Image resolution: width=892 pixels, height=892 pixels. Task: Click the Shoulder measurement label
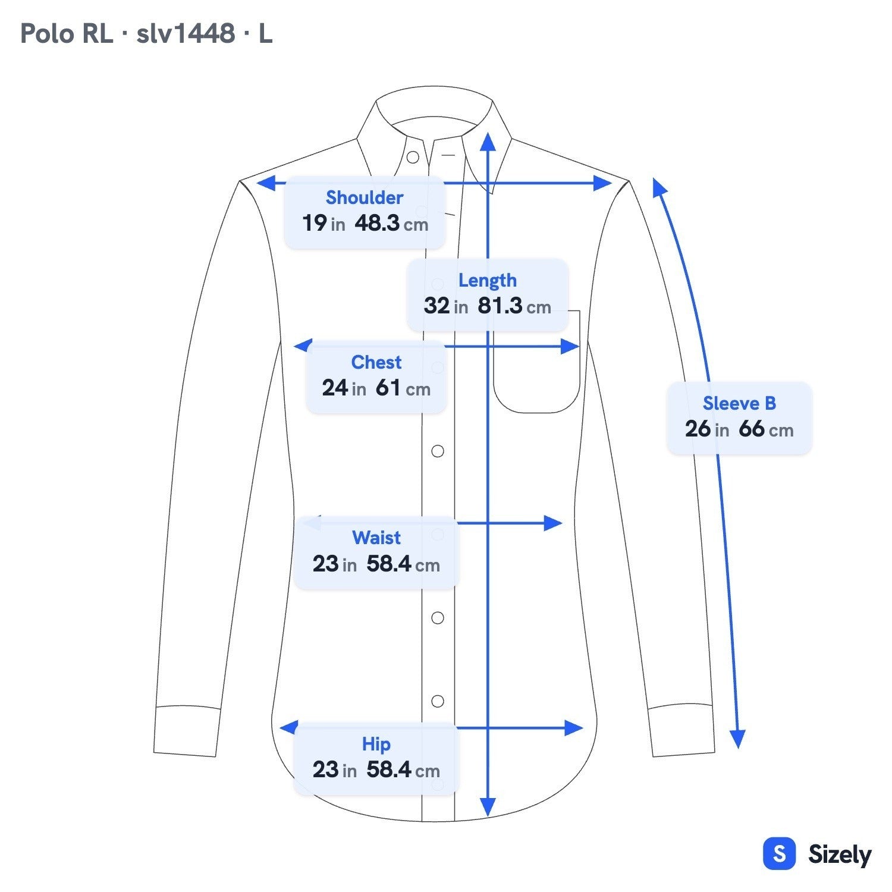coord(365,197)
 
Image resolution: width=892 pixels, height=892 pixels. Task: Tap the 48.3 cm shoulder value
coord(391,224)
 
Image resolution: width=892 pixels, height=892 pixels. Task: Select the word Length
coord(487,280)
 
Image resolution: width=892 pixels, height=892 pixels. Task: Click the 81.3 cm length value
coord(514,306)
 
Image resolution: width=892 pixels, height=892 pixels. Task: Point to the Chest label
coord(376,362)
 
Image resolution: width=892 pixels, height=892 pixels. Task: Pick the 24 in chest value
coord(344,388)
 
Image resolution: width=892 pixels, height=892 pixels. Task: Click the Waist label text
coord(376,538)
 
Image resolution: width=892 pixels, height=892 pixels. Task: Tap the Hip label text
coord(376,744)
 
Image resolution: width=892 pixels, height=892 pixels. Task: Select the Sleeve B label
coord(739,403)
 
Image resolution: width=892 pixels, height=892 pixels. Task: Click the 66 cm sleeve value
coord(766,429)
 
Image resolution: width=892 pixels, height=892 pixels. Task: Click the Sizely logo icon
coord(779,854)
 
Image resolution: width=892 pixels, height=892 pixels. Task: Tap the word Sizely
coord(840,855)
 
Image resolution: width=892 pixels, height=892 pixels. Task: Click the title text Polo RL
coord(66,33)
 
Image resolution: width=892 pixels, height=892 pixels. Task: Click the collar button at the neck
coord(413,158)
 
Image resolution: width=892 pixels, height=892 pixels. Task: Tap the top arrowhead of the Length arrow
coord(488,142)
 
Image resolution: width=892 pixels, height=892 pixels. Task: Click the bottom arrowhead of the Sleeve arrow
coord(737,739)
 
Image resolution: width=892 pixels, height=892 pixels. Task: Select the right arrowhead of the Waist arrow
coord(554,523)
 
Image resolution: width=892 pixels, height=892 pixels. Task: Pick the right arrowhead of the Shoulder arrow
coord(603,183)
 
